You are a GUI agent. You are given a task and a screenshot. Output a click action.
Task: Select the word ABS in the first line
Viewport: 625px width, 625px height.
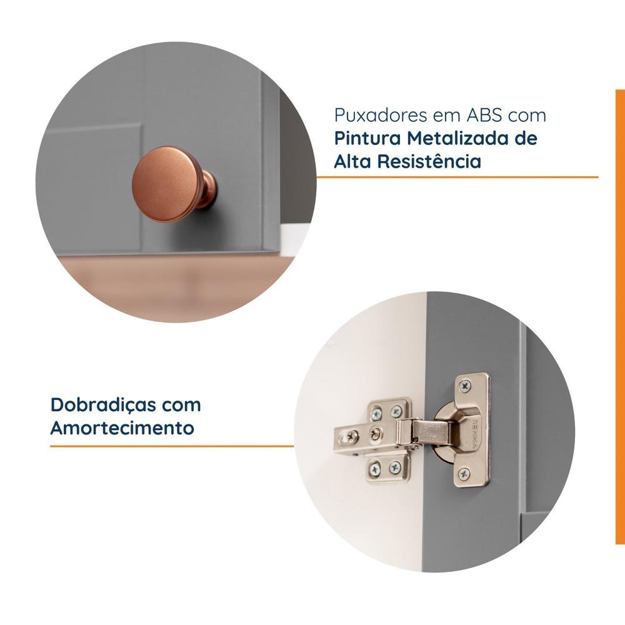pyautogui.click(x=484, y=116)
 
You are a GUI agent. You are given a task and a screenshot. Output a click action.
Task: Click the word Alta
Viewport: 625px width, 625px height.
pyautogui.click(x=349, y=161)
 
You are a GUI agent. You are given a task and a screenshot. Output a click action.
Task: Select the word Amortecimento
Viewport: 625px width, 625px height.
pyautogui.click(x=122, y=428)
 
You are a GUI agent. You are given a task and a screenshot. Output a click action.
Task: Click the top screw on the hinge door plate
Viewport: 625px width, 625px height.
pyautogui.click(x=466, y=383)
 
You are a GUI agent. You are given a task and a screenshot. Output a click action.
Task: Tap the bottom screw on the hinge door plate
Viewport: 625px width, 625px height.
pyautogui.click(x=463, y=474)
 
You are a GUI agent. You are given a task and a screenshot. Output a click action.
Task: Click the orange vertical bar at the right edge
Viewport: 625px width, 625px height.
pyautogui.click(x=619, y=312)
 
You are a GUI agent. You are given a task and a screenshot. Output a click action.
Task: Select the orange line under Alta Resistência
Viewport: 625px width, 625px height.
pyautogui.click(x=456, y=177)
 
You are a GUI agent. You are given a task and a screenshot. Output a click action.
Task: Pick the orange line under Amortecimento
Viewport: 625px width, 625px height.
pyautogui.click(x=172, y=446)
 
